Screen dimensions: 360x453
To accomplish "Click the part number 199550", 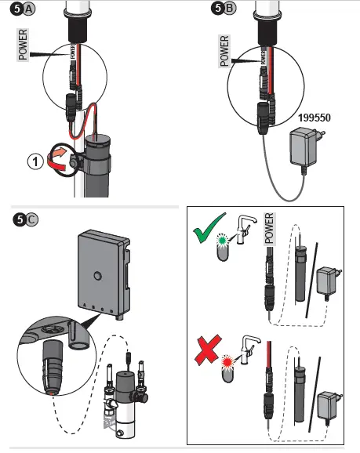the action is (x=315, y=118).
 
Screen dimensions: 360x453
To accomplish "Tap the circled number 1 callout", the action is (x=35, y=161).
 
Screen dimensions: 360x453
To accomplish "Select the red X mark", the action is (x=208, y=350).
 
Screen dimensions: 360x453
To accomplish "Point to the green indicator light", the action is (x=223, y=240).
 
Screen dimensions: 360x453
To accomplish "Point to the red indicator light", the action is (x=227, y=361).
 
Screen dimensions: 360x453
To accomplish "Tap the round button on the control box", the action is (x=98, y=276).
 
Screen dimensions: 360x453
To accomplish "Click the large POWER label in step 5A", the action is (x=23, y=45).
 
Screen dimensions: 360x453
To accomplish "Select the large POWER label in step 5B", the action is (x=224, y=51).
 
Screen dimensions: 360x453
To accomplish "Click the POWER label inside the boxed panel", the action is (x=269, y=229).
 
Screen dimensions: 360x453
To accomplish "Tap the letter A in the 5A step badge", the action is (x=28, y=9).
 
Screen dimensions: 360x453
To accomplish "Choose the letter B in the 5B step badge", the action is (x=230, y=8).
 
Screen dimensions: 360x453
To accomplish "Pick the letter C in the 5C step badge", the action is (x=31, y=219).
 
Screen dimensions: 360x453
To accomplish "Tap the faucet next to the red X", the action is (x=249, y=350).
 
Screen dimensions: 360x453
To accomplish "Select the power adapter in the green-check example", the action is (x=329, y=282).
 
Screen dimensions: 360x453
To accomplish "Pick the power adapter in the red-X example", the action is (x=329, y=407).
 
